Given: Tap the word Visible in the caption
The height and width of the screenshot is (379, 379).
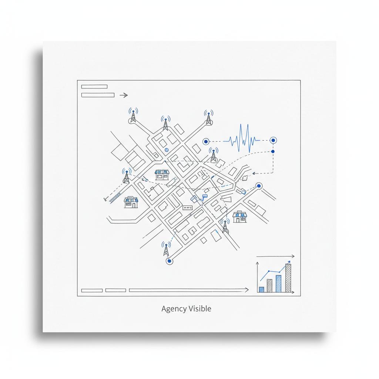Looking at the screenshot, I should pos(200,309).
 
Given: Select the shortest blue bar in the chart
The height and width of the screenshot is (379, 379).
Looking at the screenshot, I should pos(261,289).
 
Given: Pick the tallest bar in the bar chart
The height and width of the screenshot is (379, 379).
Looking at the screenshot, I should pos(288,278).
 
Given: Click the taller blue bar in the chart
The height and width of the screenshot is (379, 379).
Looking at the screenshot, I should pos(279,284).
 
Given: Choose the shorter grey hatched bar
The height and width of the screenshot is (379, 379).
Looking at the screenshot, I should pos(269,285).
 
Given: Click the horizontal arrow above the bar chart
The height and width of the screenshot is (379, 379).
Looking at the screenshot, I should pos(275,256).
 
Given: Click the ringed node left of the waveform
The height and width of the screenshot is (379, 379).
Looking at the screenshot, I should pos(205,141).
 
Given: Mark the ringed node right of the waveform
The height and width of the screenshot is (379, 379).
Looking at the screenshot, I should pos(273,140).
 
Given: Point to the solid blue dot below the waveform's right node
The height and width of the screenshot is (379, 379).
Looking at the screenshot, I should pos(273,151).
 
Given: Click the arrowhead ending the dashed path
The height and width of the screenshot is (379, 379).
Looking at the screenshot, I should pos(254,173).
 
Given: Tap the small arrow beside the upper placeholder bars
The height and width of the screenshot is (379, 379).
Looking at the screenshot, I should pos(124,95).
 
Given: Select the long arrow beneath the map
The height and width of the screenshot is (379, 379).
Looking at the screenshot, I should pos(189,290).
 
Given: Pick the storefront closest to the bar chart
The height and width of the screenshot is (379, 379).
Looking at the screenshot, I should pos(239,216).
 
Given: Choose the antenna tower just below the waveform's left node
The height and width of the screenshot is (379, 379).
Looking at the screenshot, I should pos(213,155).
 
